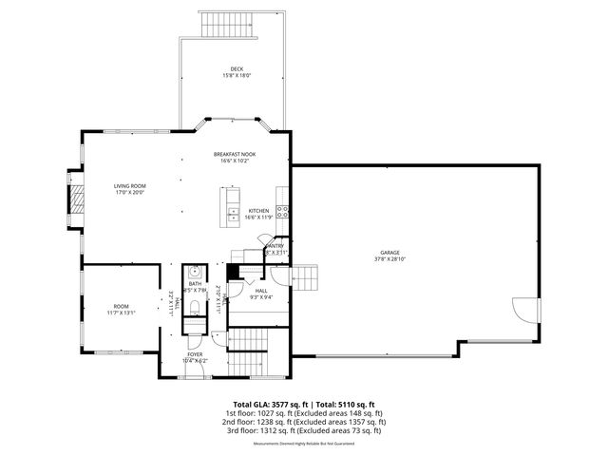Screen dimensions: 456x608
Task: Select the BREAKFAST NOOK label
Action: [234, 154]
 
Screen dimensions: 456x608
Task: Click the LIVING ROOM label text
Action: [129, 186]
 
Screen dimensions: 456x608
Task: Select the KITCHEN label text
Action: [258, 211]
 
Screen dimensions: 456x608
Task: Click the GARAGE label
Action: [390, 252]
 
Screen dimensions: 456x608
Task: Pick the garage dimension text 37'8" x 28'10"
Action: [390, 258]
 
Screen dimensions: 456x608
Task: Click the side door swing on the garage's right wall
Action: [524, 313]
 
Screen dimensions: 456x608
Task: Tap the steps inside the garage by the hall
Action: [306, 277]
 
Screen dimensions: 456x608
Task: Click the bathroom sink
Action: [195, 270]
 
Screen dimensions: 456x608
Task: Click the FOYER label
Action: [194, 355]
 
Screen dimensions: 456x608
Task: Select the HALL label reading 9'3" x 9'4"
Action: [261, 292]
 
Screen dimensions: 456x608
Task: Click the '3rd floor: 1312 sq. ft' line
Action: [304, 430]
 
